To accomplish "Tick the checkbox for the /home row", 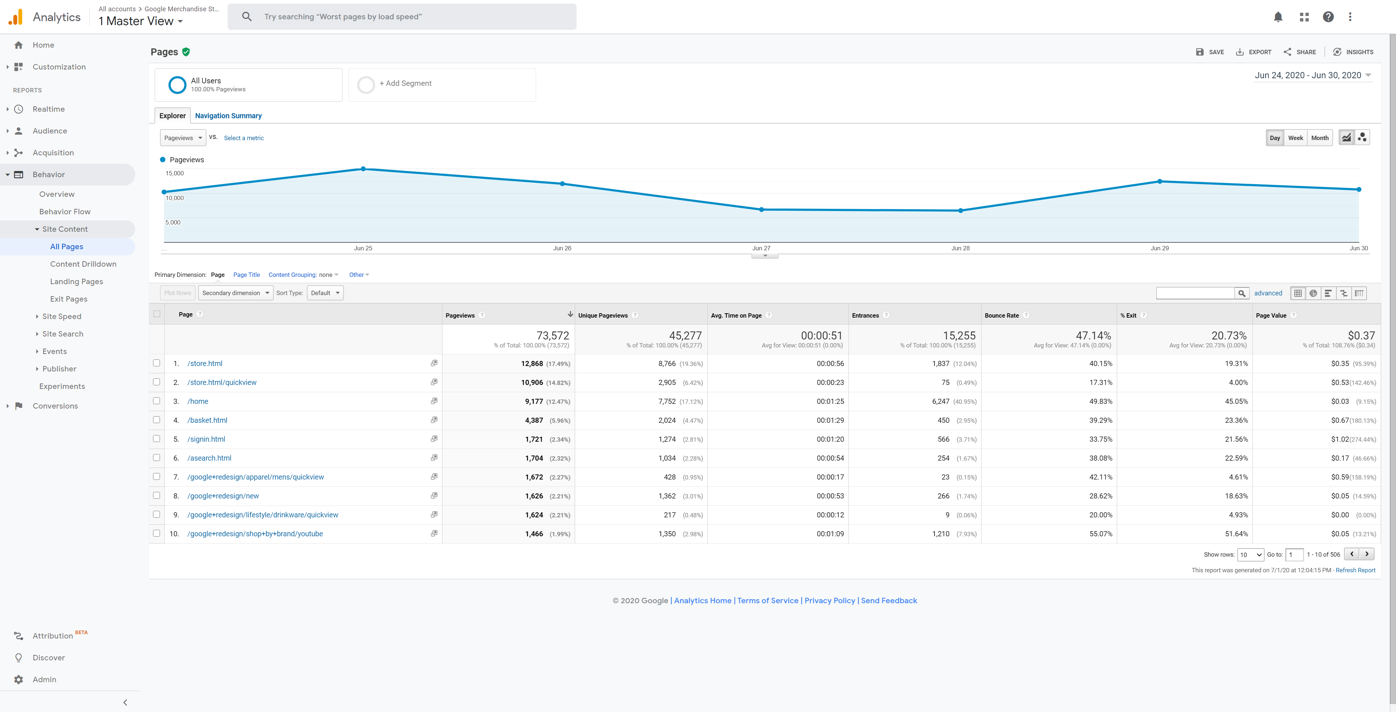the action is pyautogui.click(x=157, y=401).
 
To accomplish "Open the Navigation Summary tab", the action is pyautogui.click(x=228, y=115).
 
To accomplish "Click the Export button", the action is pyautogui.click(x=1253, y=52).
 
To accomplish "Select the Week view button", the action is pyautogui.click(x=1295, y=138).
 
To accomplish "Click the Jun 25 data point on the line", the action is pyautogui.click(x=363, y=169).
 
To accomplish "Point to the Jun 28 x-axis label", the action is pyautogui.click(x=960, y=248).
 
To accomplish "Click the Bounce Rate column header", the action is pyautogui.click(x=1002, y=315).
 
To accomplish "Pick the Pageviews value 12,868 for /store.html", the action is pyautogui.click(x=531, y=363).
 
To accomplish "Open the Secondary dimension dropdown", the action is pyautogui.click(x=236, y=293).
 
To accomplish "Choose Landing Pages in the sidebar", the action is pyautogui.click(x=76, y=282).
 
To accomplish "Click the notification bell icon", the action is pyautogui.click(x=1278, y=17).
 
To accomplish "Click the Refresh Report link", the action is pyautogui.click(x=1355, y=570).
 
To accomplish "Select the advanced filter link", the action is pyautogui.click(x=1268, y=293).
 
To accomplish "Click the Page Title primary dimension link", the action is pyautogui.click(x=246, y=275).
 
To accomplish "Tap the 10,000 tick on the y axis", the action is pyautogui.click(x=174, y=198).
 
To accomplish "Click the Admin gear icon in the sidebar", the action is pyautogui.click(x=19, y=680).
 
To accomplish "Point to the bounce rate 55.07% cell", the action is pyautogui.click(x=1101, y=534).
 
